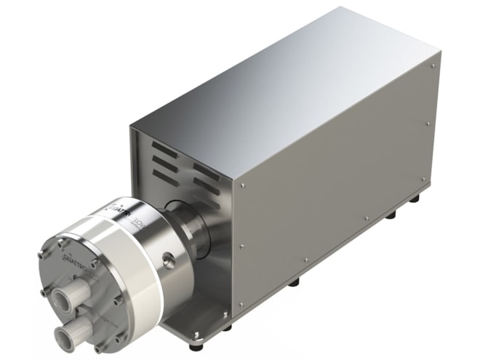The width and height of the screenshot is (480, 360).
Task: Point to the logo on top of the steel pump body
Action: pyautogui.click(x=116, y=212)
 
